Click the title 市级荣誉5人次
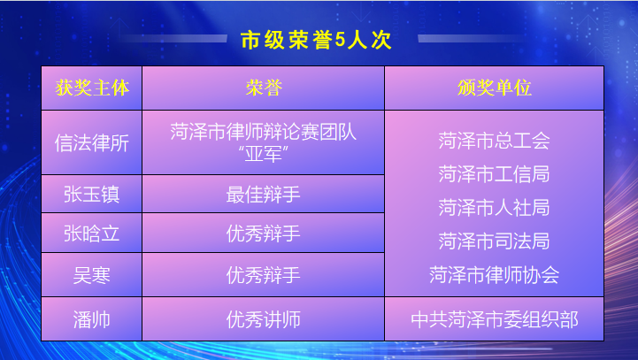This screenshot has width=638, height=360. point(316,39)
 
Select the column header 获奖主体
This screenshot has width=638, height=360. point(91,88)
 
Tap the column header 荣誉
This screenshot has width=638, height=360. point(263,88)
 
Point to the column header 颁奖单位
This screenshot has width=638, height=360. point(494,88)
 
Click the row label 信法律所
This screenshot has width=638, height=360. point(91,142)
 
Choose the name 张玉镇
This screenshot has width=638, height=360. point(91,195)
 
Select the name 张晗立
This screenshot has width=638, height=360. point(91,234)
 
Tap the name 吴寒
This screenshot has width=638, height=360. point(91,274)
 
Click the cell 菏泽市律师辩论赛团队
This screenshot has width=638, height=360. point(263,132)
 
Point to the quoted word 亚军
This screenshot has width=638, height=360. point(263,154)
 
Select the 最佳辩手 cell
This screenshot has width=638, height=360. point(263,195)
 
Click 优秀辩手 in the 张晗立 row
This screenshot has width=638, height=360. point(263,234)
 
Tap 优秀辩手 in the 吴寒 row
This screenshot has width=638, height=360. point(263,274)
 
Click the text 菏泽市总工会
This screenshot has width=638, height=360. point(494,140)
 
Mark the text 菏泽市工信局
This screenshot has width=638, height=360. point(494,172)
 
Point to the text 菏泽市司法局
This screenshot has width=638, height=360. point(494,241)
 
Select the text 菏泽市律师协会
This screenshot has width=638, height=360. point(494,274)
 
